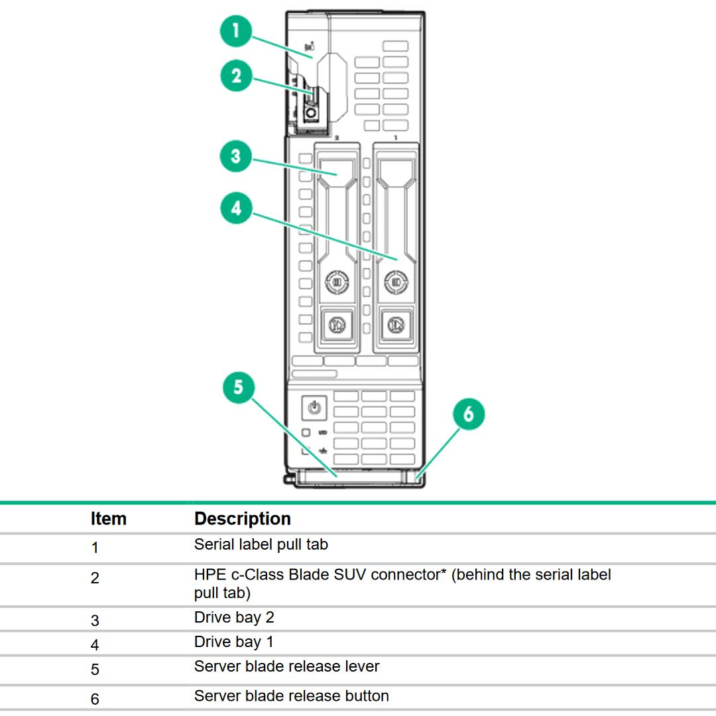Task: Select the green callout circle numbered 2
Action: (236, 76)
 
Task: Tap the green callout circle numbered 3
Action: (236, 158)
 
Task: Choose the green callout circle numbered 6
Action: (469, 414)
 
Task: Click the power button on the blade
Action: (314, 408)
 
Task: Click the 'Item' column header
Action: (108, 518)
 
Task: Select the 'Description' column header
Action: (242, 518)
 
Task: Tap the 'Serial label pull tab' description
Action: (261, 545)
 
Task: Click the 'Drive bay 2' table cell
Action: (233, 618)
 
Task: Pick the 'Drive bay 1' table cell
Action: (233, 642)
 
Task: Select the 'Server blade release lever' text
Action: (286, 666)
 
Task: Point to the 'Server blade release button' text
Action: (291, 696)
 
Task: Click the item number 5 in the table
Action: (95, 670)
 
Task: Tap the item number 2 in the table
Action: (95, 578)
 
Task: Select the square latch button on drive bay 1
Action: (396, 324)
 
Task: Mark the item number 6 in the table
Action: (95, 699)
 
